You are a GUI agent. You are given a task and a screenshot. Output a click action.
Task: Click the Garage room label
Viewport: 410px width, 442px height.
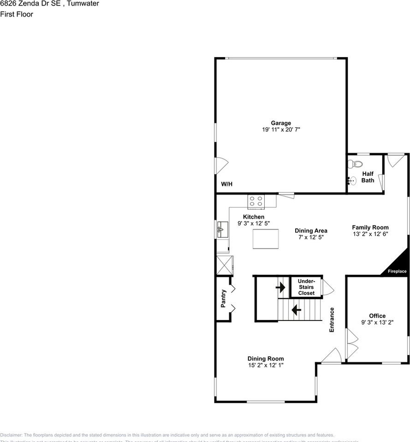(280, 123)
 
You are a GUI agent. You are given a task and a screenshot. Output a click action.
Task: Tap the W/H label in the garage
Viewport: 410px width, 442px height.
(226, 184)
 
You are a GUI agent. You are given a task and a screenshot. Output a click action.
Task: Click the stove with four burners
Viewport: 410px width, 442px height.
(256, 201)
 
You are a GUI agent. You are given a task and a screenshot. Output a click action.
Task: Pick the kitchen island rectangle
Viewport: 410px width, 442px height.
(266, 238)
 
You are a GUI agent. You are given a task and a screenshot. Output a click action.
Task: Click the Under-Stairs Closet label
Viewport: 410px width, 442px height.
(306, 287)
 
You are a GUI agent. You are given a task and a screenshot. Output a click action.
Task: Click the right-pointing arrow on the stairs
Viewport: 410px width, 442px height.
(280, 288)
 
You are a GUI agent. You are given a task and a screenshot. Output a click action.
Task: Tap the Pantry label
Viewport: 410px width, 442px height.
(224, 298)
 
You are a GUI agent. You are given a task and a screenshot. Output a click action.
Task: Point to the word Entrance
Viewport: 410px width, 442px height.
(332, 320)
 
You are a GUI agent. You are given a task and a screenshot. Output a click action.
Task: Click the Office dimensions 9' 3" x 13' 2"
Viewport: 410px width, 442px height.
(377, 323)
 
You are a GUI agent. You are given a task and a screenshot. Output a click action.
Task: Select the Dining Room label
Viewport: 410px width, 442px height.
(265, 359)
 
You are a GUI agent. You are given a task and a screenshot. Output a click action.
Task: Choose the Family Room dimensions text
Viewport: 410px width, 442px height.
(370, 234)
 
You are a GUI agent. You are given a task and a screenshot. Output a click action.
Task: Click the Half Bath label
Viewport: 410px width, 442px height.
(368, 177)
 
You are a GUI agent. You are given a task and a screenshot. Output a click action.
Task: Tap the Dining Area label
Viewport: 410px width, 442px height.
(311, 231)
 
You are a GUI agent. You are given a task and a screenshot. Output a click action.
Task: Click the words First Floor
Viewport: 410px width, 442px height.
(17, 14)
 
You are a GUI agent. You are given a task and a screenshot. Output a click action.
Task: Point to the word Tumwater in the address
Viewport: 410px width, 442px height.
(83, 4)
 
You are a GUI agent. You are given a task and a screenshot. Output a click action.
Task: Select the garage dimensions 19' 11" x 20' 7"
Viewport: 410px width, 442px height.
(281, 130)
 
